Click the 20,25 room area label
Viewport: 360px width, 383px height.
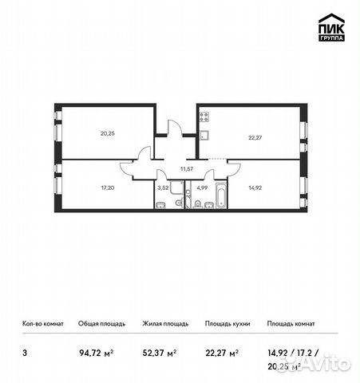pyautogui.click(x=108, y=133)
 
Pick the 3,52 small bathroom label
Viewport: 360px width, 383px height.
pyautogui.click(x=163, y=188)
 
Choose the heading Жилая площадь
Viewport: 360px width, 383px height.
pyautogui.click(x=164, y=323)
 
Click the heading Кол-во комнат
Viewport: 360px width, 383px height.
pyautogui.click(x=42, y=323)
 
